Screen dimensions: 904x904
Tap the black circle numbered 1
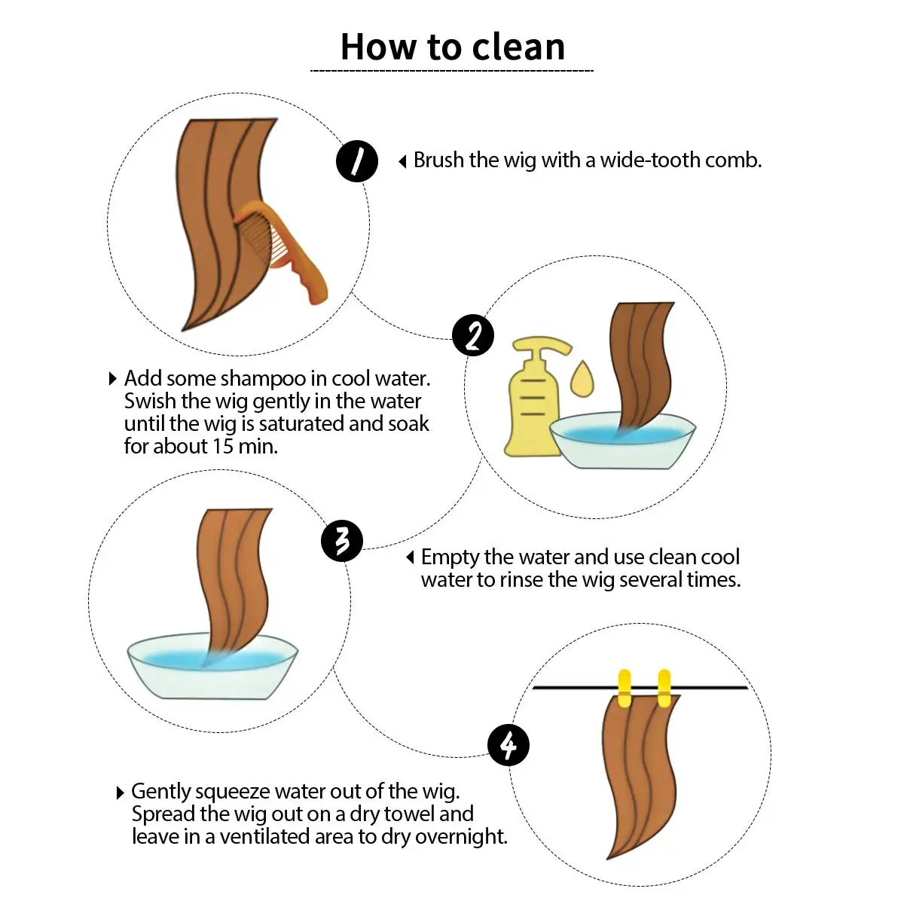[x=357, y=161]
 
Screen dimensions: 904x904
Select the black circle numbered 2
[x=473, y=335]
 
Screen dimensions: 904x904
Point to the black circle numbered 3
[x=342, y=541]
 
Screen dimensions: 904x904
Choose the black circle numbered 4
[x=508, y=745]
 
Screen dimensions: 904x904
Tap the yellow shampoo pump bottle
[x=535, y=396]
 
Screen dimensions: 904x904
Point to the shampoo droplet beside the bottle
[x=582, y=379]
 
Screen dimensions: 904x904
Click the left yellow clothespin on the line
[x=625, y=689]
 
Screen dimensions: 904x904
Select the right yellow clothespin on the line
[x=664, y=689]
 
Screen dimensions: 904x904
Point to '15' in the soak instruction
[x=223, y=446]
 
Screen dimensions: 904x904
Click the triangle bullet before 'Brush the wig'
[x=402, y=162]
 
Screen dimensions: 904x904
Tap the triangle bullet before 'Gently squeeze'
[x=120, y=793]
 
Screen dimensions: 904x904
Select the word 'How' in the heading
[x=378, y=47]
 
